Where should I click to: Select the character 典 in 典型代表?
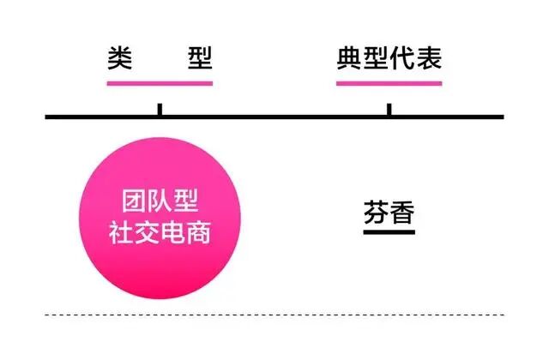point(349,58)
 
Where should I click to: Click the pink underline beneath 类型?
point(160,83)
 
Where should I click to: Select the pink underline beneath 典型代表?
point(389,83)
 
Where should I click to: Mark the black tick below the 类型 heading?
point(160,110)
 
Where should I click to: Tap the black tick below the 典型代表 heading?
point(389,110)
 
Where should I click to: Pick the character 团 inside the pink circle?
point(133,204)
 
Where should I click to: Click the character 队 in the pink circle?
point(160,204)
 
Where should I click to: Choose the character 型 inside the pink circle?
point(187,204)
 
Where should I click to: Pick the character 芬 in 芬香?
point(376,213)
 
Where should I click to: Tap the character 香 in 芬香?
point(402,213)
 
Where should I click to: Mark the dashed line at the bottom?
point(274,315)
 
